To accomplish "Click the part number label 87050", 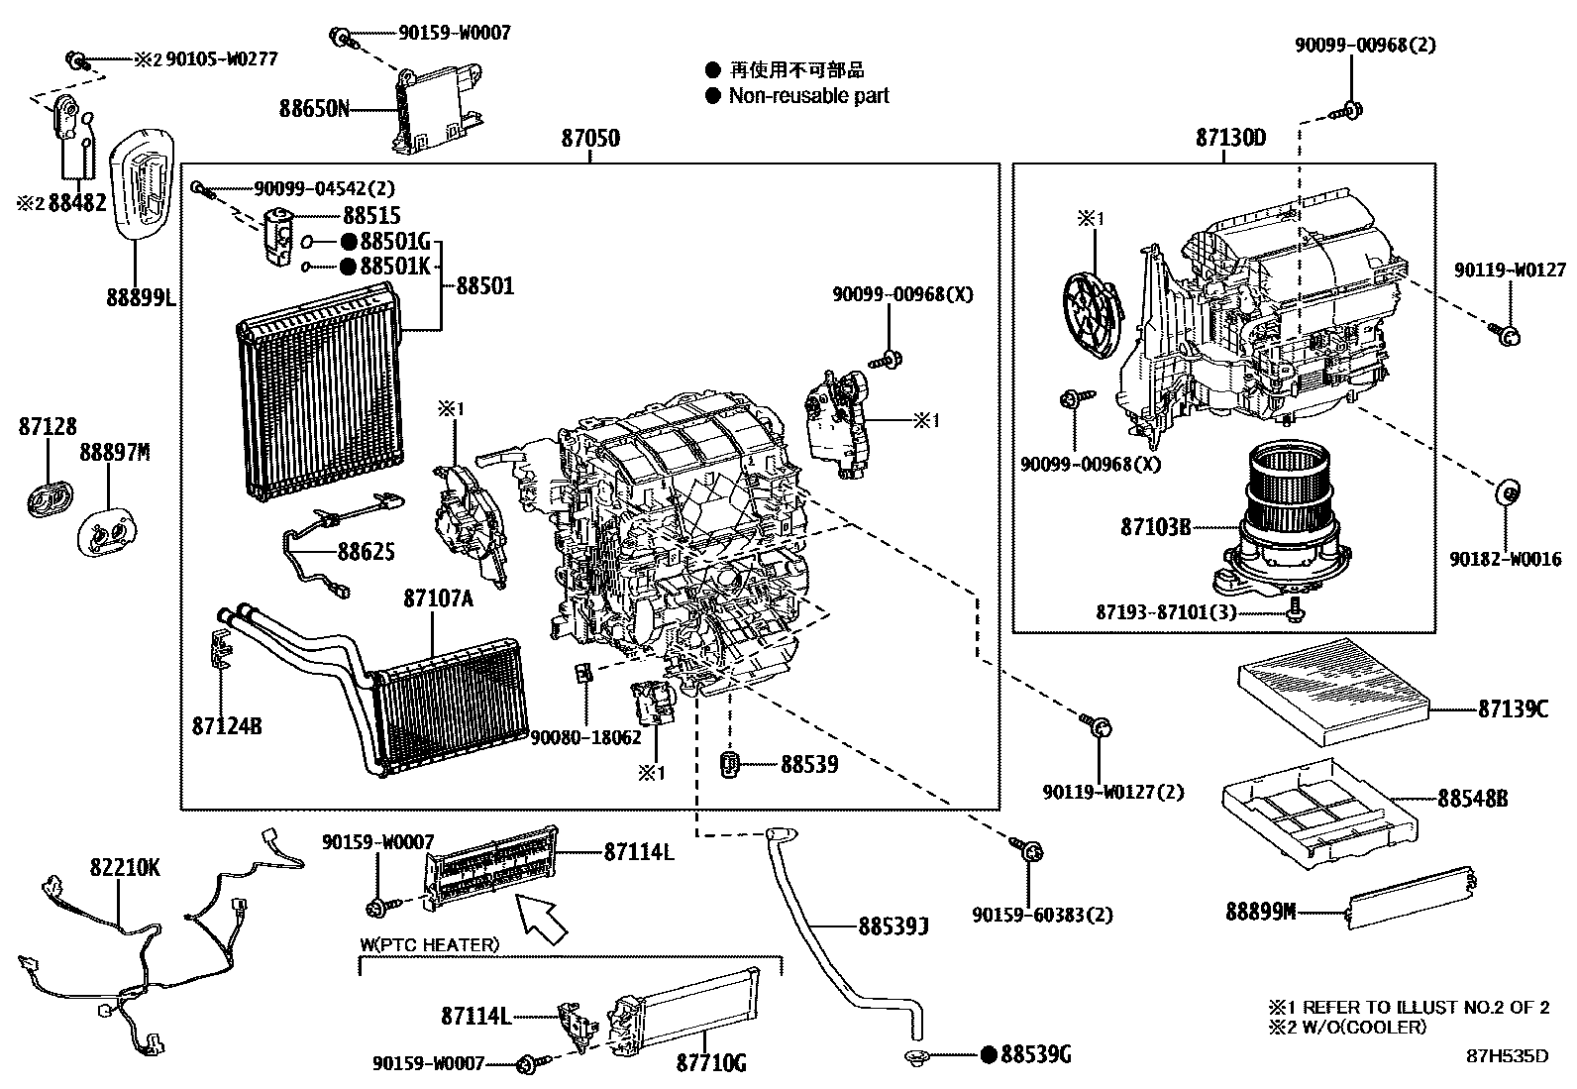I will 590,139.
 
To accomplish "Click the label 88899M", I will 1260,911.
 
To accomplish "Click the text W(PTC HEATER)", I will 429,944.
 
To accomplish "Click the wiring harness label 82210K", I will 125,868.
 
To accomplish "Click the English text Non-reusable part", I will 808,96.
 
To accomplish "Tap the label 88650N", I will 314,108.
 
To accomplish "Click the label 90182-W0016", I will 1505,560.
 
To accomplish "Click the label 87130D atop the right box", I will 1230,139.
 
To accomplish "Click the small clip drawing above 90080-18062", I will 584,675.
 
